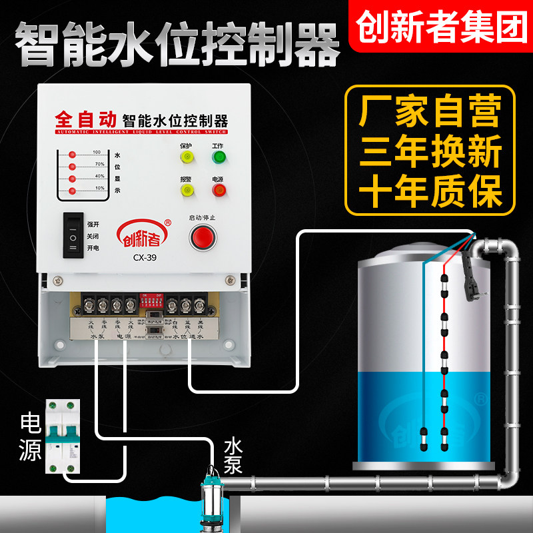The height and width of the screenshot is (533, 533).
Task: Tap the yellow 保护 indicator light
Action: coord(186,158)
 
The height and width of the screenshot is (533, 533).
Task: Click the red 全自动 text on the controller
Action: coord(85,120)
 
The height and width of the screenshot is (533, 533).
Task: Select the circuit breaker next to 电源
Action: coord(63,437)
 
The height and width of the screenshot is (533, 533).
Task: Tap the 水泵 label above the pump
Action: coord(233,455)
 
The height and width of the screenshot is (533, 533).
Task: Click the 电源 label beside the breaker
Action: coord(30,437)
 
